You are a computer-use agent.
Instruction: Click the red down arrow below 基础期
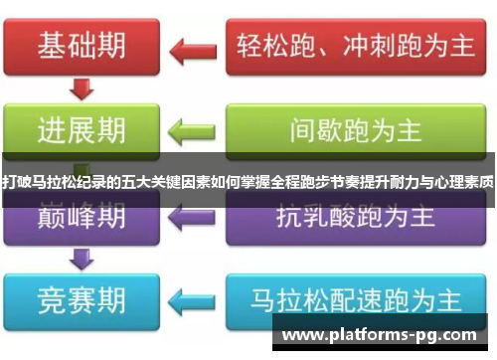tap(83, 90)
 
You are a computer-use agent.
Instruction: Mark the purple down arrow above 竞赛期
tap(83, 257)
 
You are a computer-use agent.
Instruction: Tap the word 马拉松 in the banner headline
tap(46, 183)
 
